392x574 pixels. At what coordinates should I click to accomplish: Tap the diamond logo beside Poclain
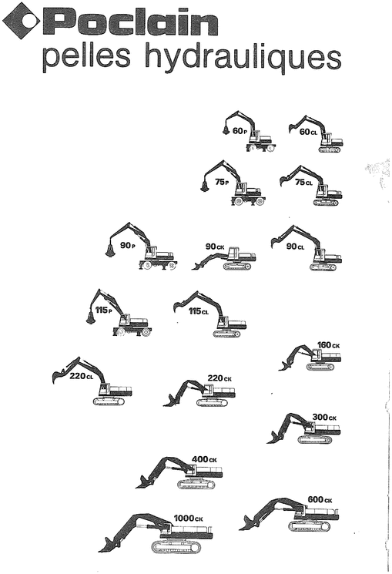point(19,21)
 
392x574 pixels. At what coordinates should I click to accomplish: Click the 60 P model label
point(240,130)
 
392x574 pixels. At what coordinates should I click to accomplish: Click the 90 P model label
point(127,247)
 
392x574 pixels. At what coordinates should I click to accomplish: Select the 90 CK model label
point(215,247)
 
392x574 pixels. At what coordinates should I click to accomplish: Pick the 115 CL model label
point(199,311)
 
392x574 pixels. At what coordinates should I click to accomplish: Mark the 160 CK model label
point(328,345)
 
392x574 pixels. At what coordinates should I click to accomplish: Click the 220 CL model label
point(81,376)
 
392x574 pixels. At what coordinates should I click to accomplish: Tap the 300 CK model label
point(324,417)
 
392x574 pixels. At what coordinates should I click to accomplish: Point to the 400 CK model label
point(204,459)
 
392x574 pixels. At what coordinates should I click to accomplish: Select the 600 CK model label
point(320,500)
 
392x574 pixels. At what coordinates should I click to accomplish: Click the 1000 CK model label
point(188,519)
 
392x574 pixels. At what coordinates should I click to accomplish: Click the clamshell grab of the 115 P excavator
point(91,317)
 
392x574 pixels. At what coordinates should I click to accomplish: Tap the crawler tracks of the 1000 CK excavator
point(181,546)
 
